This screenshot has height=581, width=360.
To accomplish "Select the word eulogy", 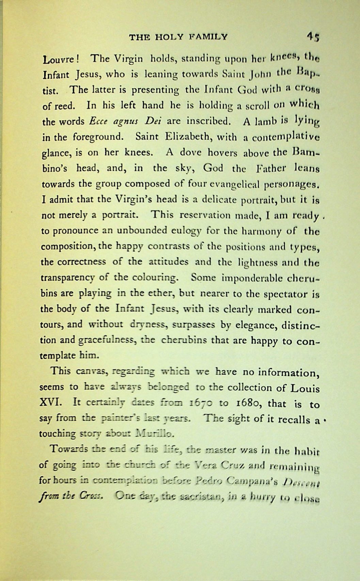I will click(x=184, y=231).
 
